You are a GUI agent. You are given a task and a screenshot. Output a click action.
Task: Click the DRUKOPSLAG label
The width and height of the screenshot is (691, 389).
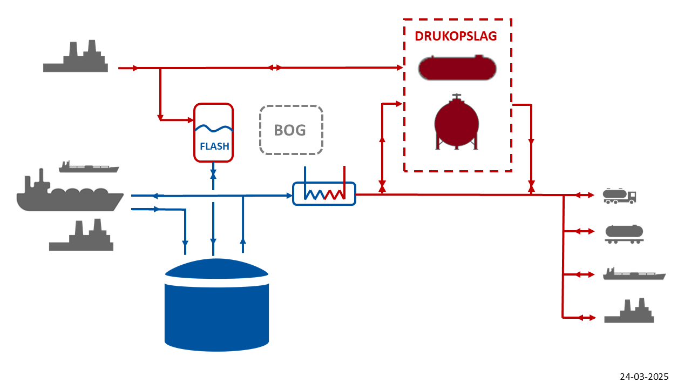456,36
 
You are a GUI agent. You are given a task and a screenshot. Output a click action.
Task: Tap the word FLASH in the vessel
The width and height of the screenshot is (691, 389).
214,146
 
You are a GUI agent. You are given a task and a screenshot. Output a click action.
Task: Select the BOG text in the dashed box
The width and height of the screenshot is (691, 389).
290,130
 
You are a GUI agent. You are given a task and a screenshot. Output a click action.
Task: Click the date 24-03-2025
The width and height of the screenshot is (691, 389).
644,377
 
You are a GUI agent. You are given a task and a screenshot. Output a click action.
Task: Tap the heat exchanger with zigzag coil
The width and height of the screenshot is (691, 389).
324,193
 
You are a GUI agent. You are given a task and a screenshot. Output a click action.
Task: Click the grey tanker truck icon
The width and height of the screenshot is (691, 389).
619,196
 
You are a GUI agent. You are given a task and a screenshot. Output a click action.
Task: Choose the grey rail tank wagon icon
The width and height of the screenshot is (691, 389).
624,233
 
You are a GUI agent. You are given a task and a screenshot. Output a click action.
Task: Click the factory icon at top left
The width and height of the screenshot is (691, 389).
76,57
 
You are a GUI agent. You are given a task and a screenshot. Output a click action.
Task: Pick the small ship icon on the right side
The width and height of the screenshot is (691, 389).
634,274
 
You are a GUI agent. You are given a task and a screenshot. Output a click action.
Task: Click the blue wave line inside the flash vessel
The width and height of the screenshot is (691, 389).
214,129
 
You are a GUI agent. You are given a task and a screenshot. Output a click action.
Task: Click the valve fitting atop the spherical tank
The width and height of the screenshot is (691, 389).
457,97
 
